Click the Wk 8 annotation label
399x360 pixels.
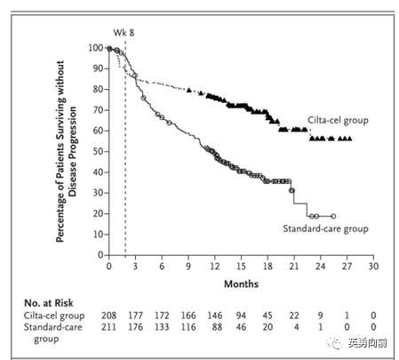point(124,33)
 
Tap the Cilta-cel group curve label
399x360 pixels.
point(338,120)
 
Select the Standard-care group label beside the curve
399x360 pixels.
point(325,228)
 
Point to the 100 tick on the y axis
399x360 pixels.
point(95,48)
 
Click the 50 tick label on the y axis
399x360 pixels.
point(98,151)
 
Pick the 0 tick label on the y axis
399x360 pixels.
point(100,255)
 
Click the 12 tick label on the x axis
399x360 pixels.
point(215,267)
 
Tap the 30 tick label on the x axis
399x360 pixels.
point(373,267)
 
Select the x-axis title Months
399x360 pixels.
point(241,284)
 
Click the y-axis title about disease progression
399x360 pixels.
point(66,151)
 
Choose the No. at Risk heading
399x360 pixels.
point(49,303)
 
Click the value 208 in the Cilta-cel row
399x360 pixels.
point(108,316)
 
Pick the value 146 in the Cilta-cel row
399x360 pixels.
point(215,316)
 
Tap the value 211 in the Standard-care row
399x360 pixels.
point(108,327)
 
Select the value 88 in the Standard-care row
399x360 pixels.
point(217,327)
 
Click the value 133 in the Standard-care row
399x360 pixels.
point(162,327)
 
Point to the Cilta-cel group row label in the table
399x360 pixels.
point(54,316)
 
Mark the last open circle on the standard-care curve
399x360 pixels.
point(333,216)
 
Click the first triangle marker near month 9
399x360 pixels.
point(189,90)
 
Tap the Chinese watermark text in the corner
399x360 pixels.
point(367,343)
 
